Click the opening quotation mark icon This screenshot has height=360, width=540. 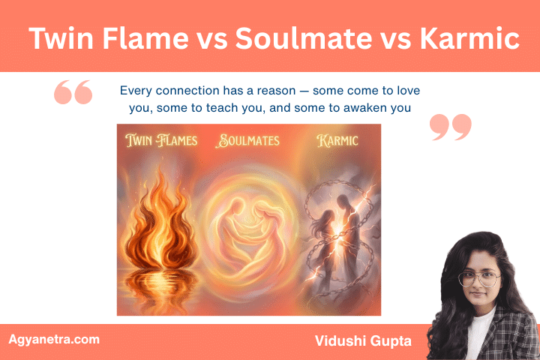[x=73, y=93]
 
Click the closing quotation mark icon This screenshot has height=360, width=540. [x=451, y=127]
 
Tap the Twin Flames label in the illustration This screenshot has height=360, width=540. [x=162, y=139]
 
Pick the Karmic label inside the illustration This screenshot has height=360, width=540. [x=337, y=139]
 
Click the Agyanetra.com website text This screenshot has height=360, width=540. [x=54, y=339]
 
